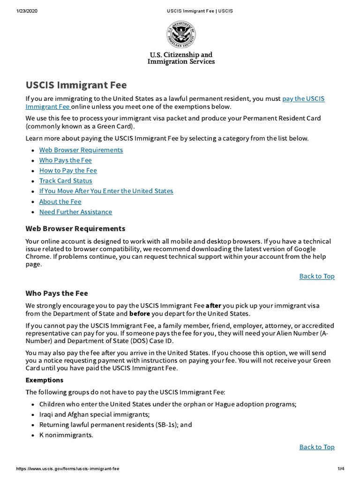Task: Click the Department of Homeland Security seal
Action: [x=180, y=35]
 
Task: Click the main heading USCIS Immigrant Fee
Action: [x=76, y=85]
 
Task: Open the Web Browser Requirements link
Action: [x=81, y=150]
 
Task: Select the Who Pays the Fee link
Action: [x=66, y=160]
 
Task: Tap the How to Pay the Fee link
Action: [x=68, y=171]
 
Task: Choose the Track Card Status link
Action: [x=66, y=181]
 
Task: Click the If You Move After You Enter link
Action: [x=106, y=191]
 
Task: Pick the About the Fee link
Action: [x=60, y=202]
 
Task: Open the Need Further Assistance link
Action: [x=75, y=212]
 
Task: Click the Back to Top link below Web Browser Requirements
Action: [x=317, y=276]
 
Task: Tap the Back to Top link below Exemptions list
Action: [x=317, y=447]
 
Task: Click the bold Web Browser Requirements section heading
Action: [x=75, y=229]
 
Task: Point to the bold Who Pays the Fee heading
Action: [x=57, y=293]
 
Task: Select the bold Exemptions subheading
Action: [x=45, y=380]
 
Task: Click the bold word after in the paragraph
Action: [x=213, y=306]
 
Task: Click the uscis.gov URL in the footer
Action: [x=67, y=469]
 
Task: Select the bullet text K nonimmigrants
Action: [x=66, y=435]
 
